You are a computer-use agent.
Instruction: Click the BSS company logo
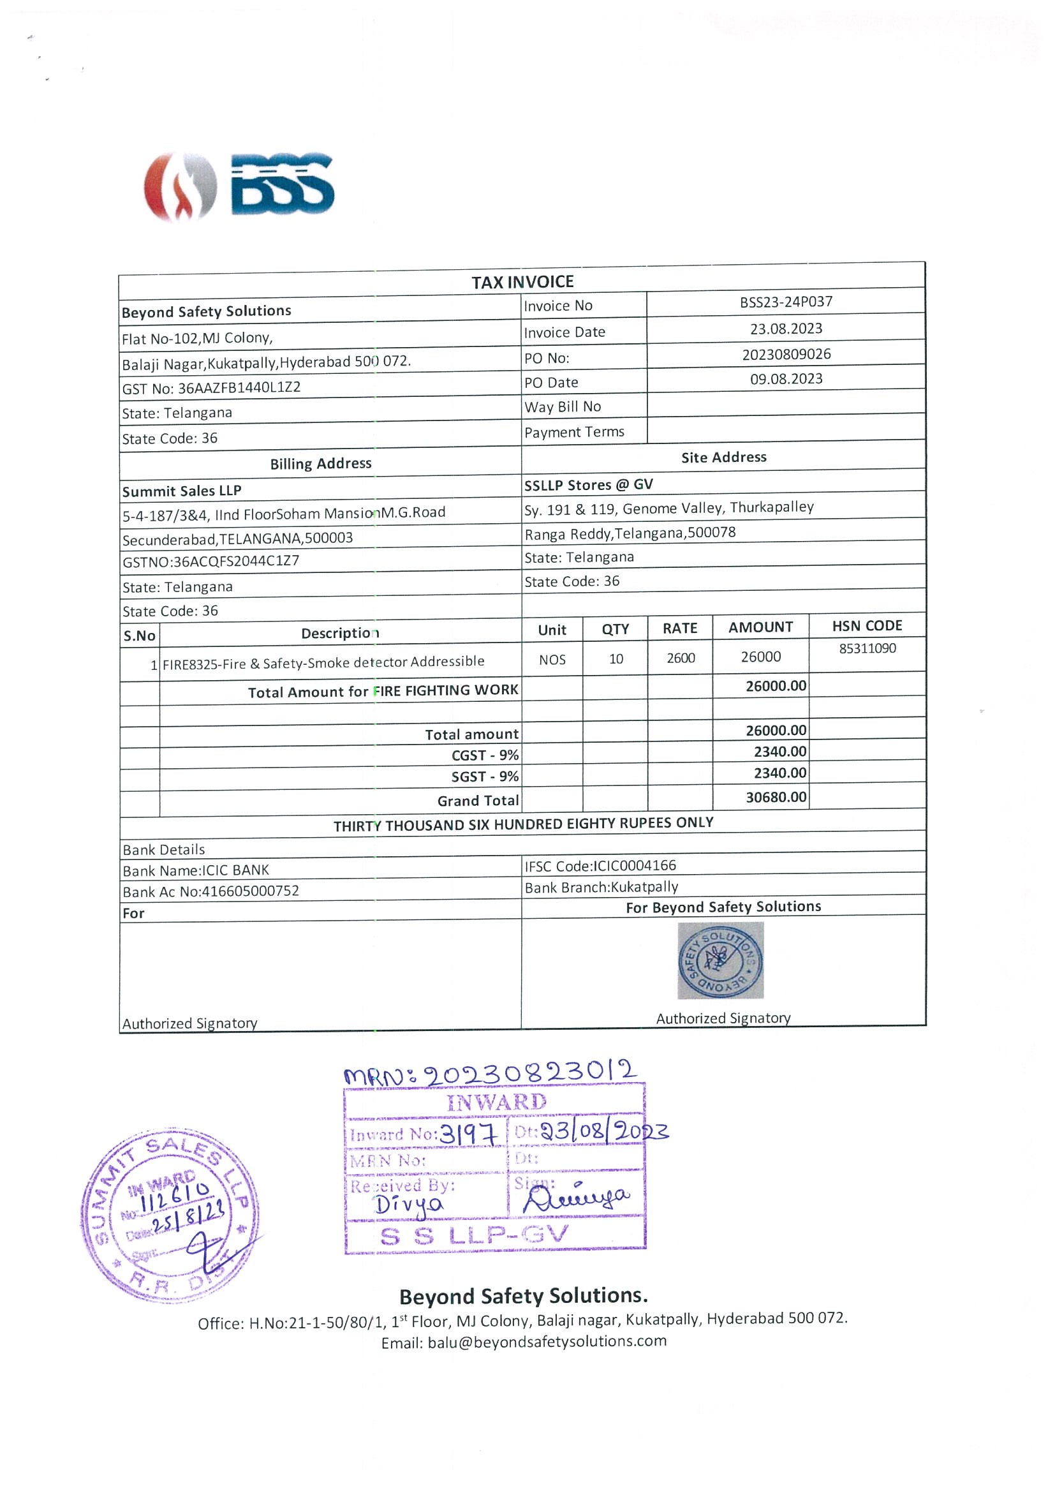[239, 186]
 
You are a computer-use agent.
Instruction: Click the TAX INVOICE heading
[522, 282]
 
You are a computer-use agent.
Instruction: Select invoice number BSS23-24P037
[785, 302]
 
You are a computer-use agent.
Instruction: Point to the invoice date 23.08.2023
[785, 329]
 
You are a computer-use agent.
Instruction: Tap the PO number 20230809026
[786, 354]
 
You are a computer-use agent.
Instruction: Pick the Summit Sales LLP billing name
[181, 491]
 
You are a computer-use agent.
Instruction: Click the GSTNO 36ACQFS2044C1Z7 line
[210, 561]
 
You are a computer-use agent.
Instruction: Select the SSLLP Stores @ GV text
[588, 485]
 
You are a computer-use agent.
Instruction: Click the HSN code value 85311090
[866, 648]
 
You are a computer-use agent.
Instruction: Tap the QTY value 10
[616, 658]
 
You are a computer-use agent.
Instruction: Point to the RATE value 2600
[680, 658]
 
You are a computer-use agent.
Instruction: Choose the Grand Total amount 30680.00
[776, 797]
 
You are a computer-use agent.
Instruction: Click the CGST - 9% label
[485, 755]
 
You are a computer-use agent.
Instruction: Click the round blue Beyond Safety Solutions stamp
[720, 960]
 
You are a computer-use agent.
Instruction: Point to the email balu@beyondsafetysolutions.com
[523, 1342]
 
